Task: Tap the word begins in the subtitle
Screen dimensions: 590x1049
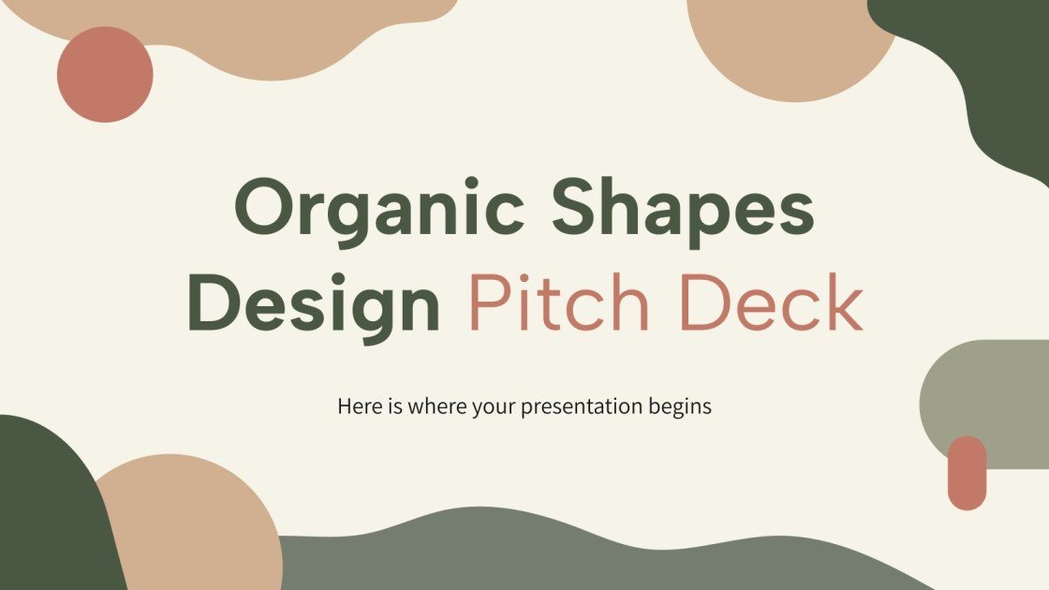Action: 680,408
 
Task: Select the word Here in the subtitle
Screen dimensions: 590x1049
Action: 356,407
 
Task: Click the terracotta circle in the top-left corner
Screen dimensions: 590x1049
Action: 105,74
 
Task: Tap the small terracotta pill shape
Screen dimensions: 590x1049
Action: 967,473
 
